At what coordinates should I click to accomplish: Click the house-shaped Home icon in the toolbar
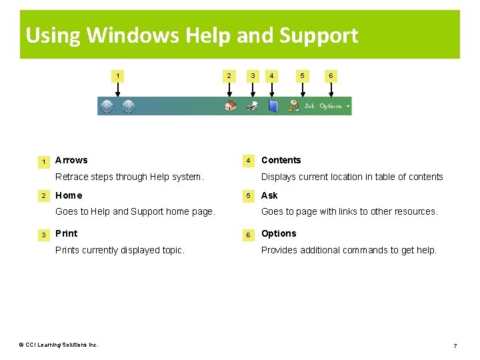point(230,106)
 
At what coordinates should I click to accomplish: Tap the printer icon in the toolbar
point(251,106)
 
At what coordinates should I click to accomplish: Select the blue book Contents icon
point(273,106)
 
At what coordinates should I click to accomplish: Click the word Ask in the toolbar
point(310,106)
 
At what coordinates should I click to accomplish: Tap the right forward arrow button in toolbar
point(128,106)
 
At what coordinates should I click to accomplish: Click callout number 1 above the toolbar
point(118,76)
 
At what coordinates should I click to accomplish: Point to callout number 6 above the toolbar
point(330,76)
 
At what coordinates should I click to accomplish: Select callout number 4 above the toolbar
point(271,76)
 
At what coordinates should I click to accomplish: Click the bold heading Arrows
point(71,160)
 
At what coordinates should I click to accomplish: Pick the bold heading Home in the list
point(69,195)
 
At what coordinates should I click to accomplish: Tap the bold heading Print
point(66,233)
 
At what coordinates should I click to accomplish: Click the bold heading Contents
point(281,160)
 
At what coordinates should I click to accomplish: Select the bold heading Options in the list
point(279,233)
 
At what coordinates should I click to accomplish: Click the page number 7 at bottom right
point(455,345)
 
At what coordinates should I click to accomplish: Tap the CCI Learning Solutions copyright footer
point(59,345)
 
